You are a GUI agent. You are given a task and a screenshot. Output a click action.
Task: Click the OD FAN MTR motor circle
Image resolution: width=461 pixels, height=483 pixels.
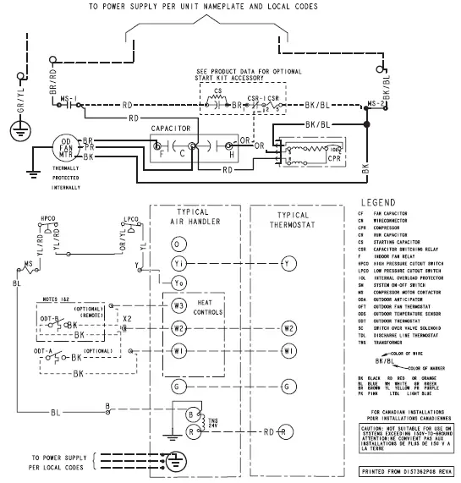point(66,147)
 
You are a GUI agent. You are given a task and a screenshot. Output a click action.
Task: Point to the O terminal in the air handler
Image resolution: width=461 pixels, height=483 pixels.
point(177,244)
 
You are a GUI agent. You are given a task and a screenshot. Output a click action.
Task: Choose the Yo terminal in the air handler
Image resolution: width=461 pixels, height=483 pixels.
point(177,282)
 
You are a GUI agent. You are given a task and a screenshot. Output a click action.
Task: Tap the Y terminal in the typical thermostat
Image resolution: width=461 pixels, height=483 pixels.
point(289,263)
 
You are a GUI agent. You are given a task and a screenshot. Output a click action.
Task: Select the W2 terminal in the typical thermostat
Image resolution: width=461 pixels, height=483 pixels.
point(289,327)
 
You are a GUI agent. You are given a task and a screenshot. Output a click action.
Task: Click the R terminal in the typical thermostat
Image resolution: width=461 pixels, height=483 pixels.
point(289,431)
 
